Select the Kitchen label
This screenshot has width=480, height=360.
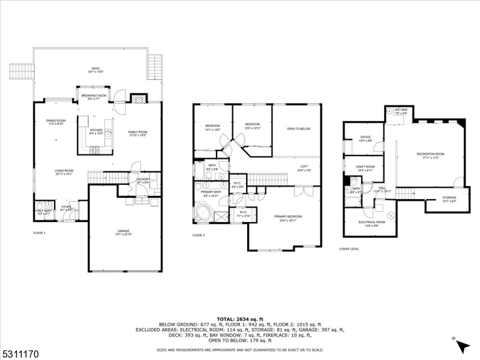96,131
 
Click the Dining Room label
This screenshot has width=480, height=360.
56,122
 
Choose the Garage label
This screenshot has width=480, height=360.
123,232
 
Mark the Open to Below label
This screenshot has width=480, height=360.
298,128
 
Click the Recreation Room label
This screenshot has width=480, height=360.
430,155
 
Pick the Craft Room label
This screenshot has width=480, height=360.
365,168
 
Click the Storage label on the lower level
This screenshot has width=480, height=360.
449,199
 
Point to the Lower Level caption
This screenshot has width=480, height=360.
349,248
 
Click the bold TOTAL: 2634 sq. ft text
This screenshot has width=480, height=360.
239,319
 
